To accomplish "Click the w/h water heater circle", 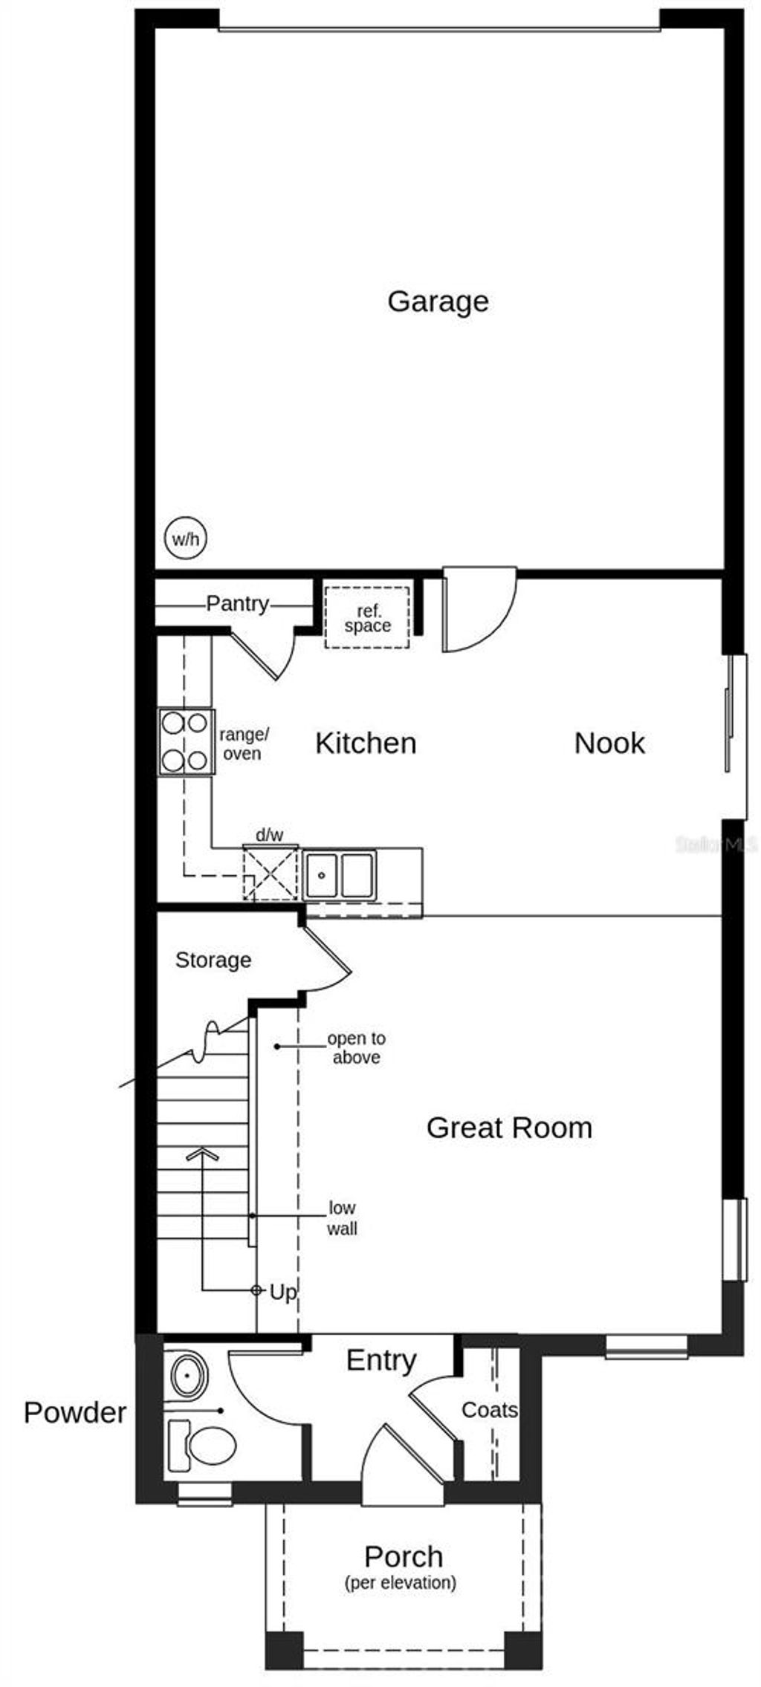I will click(x=185, y=539).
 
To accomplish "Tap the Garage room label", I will click(x=438, y=301).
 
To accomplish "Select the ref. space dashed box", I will click(x=367, y=617).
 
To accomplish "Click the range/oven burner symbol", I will click(x=186, y=741).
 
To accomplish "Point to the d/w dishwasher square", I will click(x=270, y=874).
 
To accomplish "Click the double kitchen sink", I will click(x=339, y=874).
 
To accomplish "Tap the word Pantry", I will click(x=237, y=603).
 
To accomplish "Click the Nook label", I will click(x=609, y=743).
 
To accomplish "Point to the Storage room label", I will click(x=213, y=960).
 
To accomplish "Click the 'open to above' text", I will click(x=357, y=1047).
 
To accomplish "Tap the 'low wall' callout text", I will click(x=342, y=1218).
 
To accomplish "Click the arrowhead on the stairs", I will click(x=202, y=1154).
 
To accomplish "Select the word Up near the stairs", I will click(x=282, y=1293).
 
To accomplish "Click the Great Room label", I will click(x=509, y=1128).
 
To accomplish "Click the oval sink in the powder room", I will click(x=189, y=1376).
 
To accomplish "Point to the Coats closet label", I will click(x=489, y=1409).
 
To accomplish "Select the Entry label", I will click(x=381, y=1360).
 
